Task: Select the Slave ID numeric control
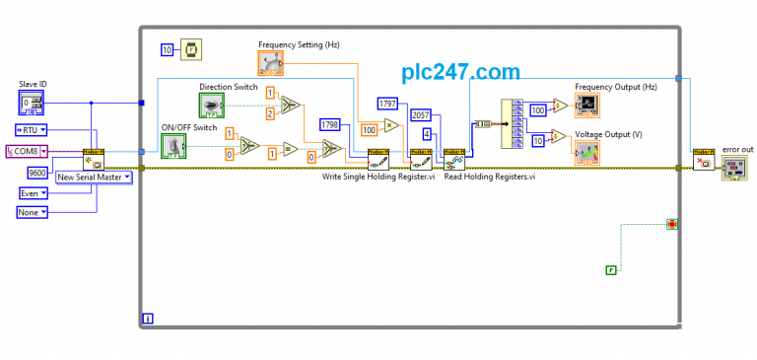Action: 32,103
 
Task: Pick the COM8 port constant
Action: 27,151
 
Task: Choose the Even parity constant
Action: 33,193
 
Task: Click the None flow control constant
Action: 33,212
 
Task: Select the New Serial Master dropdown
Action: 95,178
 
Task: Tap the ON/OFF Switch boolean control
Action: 173,147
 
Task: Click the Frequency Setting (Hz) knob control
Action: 272,62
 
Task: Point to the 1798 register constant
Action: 329,125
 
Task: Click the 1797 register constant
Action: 386,103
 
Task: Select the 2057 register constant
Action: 420,115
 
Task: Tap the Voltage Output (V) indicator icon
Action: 587,153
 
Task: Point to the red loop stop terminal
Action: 672,225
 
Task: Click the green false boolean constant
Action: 611,269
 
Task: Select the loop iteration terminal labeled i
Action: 148,318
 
